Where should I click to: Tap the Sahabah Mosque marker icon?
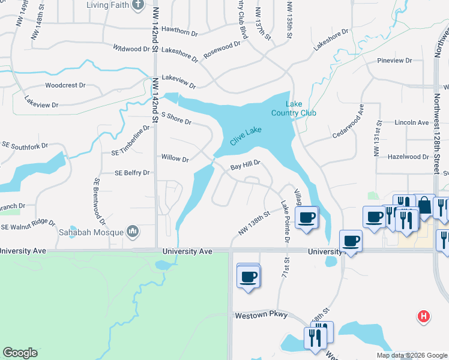point(133,232)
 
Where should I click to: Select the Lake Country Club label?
point(293,109)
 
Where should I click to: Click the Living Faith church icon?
point(138,5)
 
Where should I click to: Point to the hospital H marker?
point(424,316)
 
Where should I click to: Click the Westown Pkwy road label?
point(261,315)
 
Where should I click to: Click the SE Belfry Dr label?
point(131,173)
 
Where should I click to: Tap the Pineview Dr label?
point(394,61)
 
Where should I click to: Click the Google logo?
point(20,353)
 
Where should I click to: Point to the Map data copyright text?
point(412,355)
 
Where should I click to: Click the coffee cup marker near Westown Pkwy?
point(248,277)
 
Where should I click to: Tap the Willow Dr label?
point(175,159)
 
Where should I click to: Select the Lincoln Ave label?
point(412,122)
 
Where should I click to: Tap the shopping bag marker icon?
point(424,206)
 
